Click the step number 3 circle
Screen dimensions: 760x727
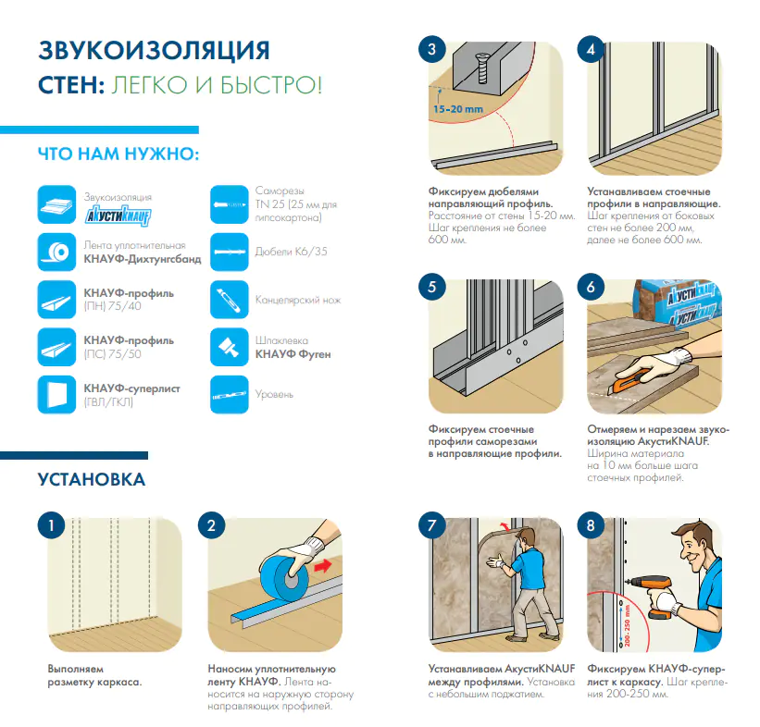[432, 49]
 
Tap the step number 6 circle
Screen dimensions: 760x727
[591, 287]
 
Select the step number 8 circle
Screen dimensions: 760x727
[591, 525]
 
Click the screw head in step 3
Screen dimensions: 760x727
[483, 62]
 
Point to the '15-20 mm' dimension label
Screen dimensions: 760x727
[458, 109]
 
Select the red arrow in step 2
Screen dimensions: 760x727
[322, 565]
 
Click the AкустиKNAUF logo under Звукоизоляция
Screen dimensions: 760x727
[118, 216]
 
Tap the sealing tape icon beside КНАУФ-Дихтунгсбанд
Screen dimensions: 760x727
[56, 252]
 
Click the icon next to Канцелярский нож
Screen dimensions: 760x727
[230, 300]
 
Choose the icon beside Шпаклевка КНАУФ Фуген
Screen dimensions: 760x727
[230, 347]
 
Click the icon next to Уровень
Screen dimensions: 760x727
[230, 394]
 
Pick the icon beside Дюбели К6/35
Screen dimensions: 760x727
[230, 252]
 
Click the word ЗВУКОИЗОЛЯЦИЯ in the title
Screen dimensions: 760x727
[155, 50]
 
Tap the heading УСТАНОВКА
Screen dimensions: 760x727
[92, 479]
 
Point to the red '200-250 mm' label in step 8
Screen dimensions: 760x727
[627, 626]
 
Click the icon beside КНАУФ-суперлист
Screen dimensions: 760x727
[56, 394]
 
